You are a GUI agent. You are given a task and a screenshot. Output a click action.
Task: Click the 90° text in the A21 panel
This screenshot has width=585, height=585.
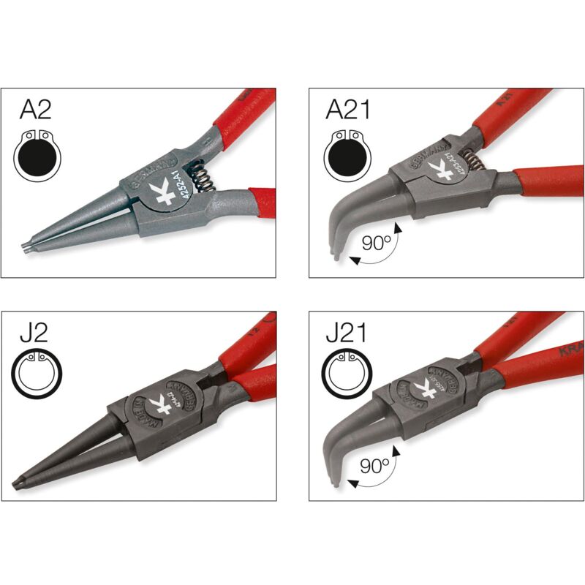pos(374,244)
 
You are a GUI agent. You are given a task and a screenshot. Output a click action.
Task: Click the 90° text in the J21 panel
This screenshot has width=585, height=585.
pos(374,467)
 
